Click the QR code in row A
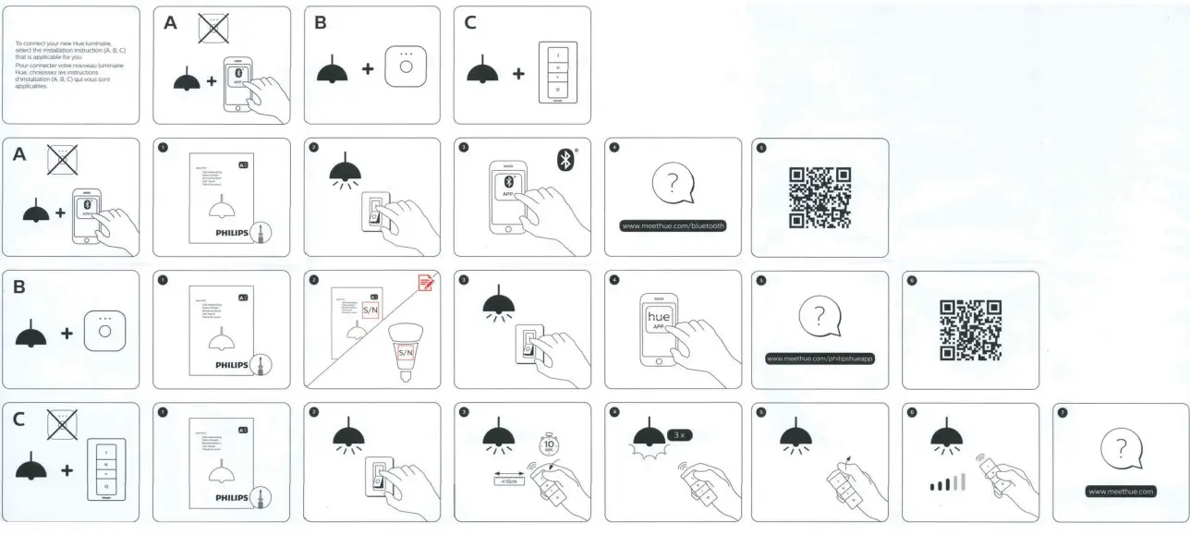[x=820, y=197]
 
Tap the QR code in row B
[x=970, y=329]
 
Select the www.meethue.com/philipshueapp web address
[x=820, y=358]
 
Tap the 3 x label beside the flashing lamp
[x=679, y=433]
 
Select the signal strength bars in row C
[x=947, y=483]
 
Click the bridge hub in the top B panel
[x=403, y=66]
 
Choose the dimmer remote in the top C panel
[x=557, y=68]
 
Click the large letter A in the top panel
[x=171, y=24]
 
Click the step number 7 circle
[x=1062, y=414]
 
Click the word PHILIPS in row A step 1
[x=231, y=233]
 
